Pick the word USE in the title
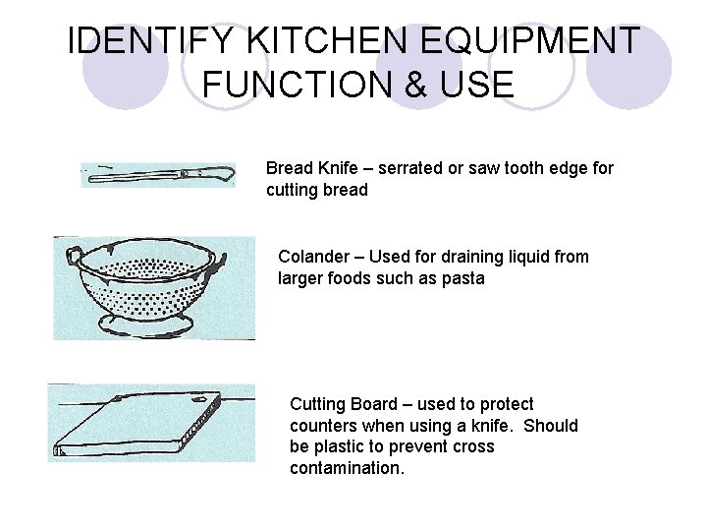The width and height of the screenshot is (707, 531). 478,84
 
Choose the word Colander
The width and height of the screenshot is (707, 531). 315,257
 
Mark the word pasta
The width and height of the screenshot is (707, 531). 462,278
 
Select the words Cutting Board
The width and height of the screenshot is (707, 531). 343,404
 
